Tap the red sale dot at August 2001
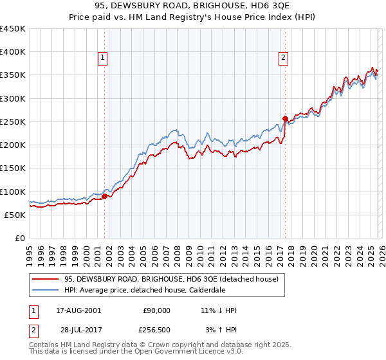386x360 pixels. click(104, 196)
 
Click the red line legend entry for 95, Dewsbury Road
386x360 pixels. click(170, 279)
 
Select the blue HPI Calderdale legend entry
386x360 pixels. click(153, 290)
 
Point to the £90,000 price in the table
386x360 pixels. click(156, 310)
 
